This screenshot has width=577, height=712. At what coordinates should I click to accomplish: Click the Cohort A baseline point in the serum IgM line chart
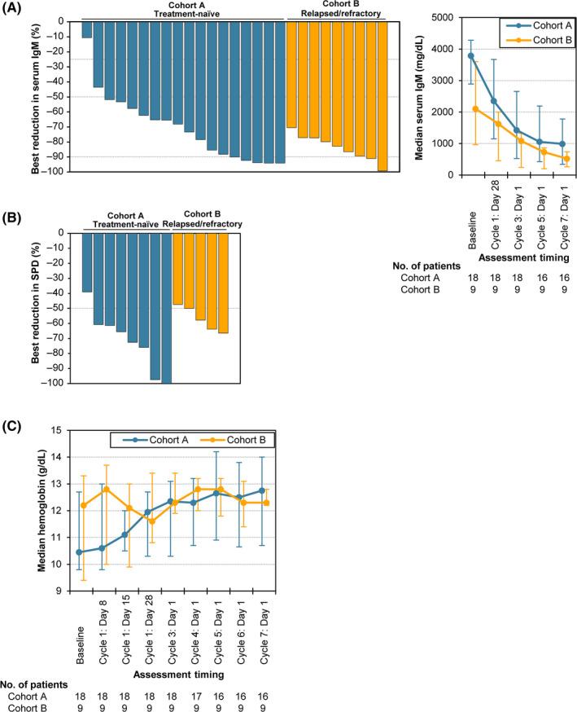471,55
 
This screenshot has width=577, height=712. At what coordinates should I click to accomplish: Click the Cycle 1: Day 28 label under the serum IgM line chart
495,216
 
